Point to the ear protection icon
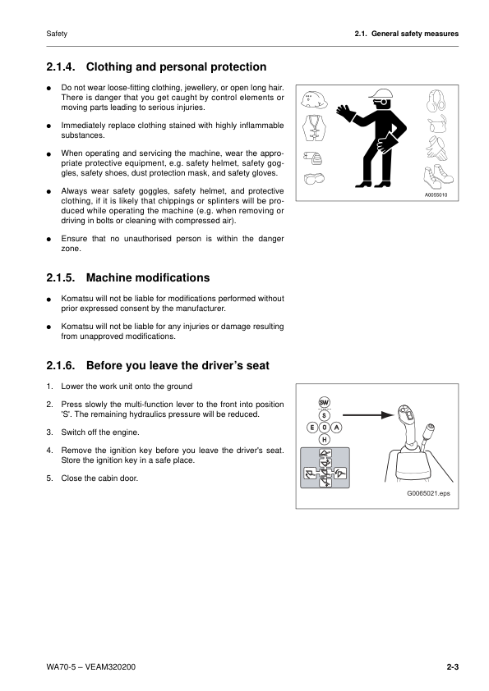pyautogui.click(x=435, y=101)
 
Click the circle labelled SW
pyautogui.click(x=324, y=402)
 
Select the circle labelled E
pyautogui.click(x=311, y=428)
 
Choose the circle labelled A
pyautogui.click(x=337, y=428)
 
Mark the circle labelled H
pyautogui.click(x=324, y=439)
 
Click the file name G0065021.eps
pyautogui.click(x=428, y=494)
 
